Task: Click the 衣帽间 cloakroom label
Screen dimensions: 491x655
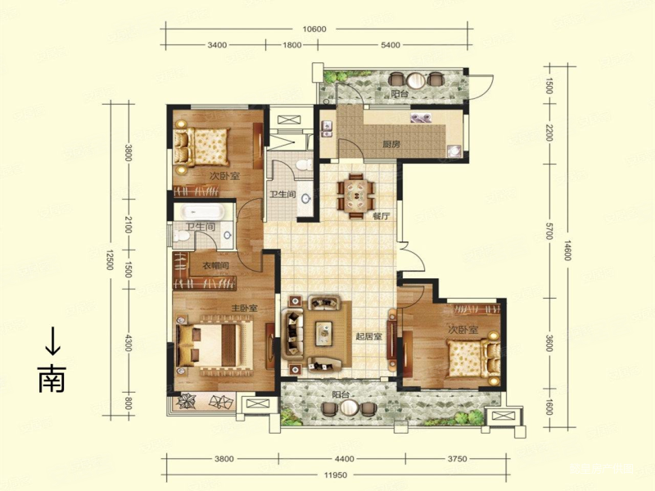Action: (215, 265)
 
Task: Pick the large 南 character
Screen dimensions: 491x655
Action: (52, 379)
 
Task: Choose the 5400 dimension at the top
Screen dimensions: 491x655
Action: (390, 45)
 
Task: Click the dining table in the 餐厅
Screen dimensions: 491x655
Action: (356, 195)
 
